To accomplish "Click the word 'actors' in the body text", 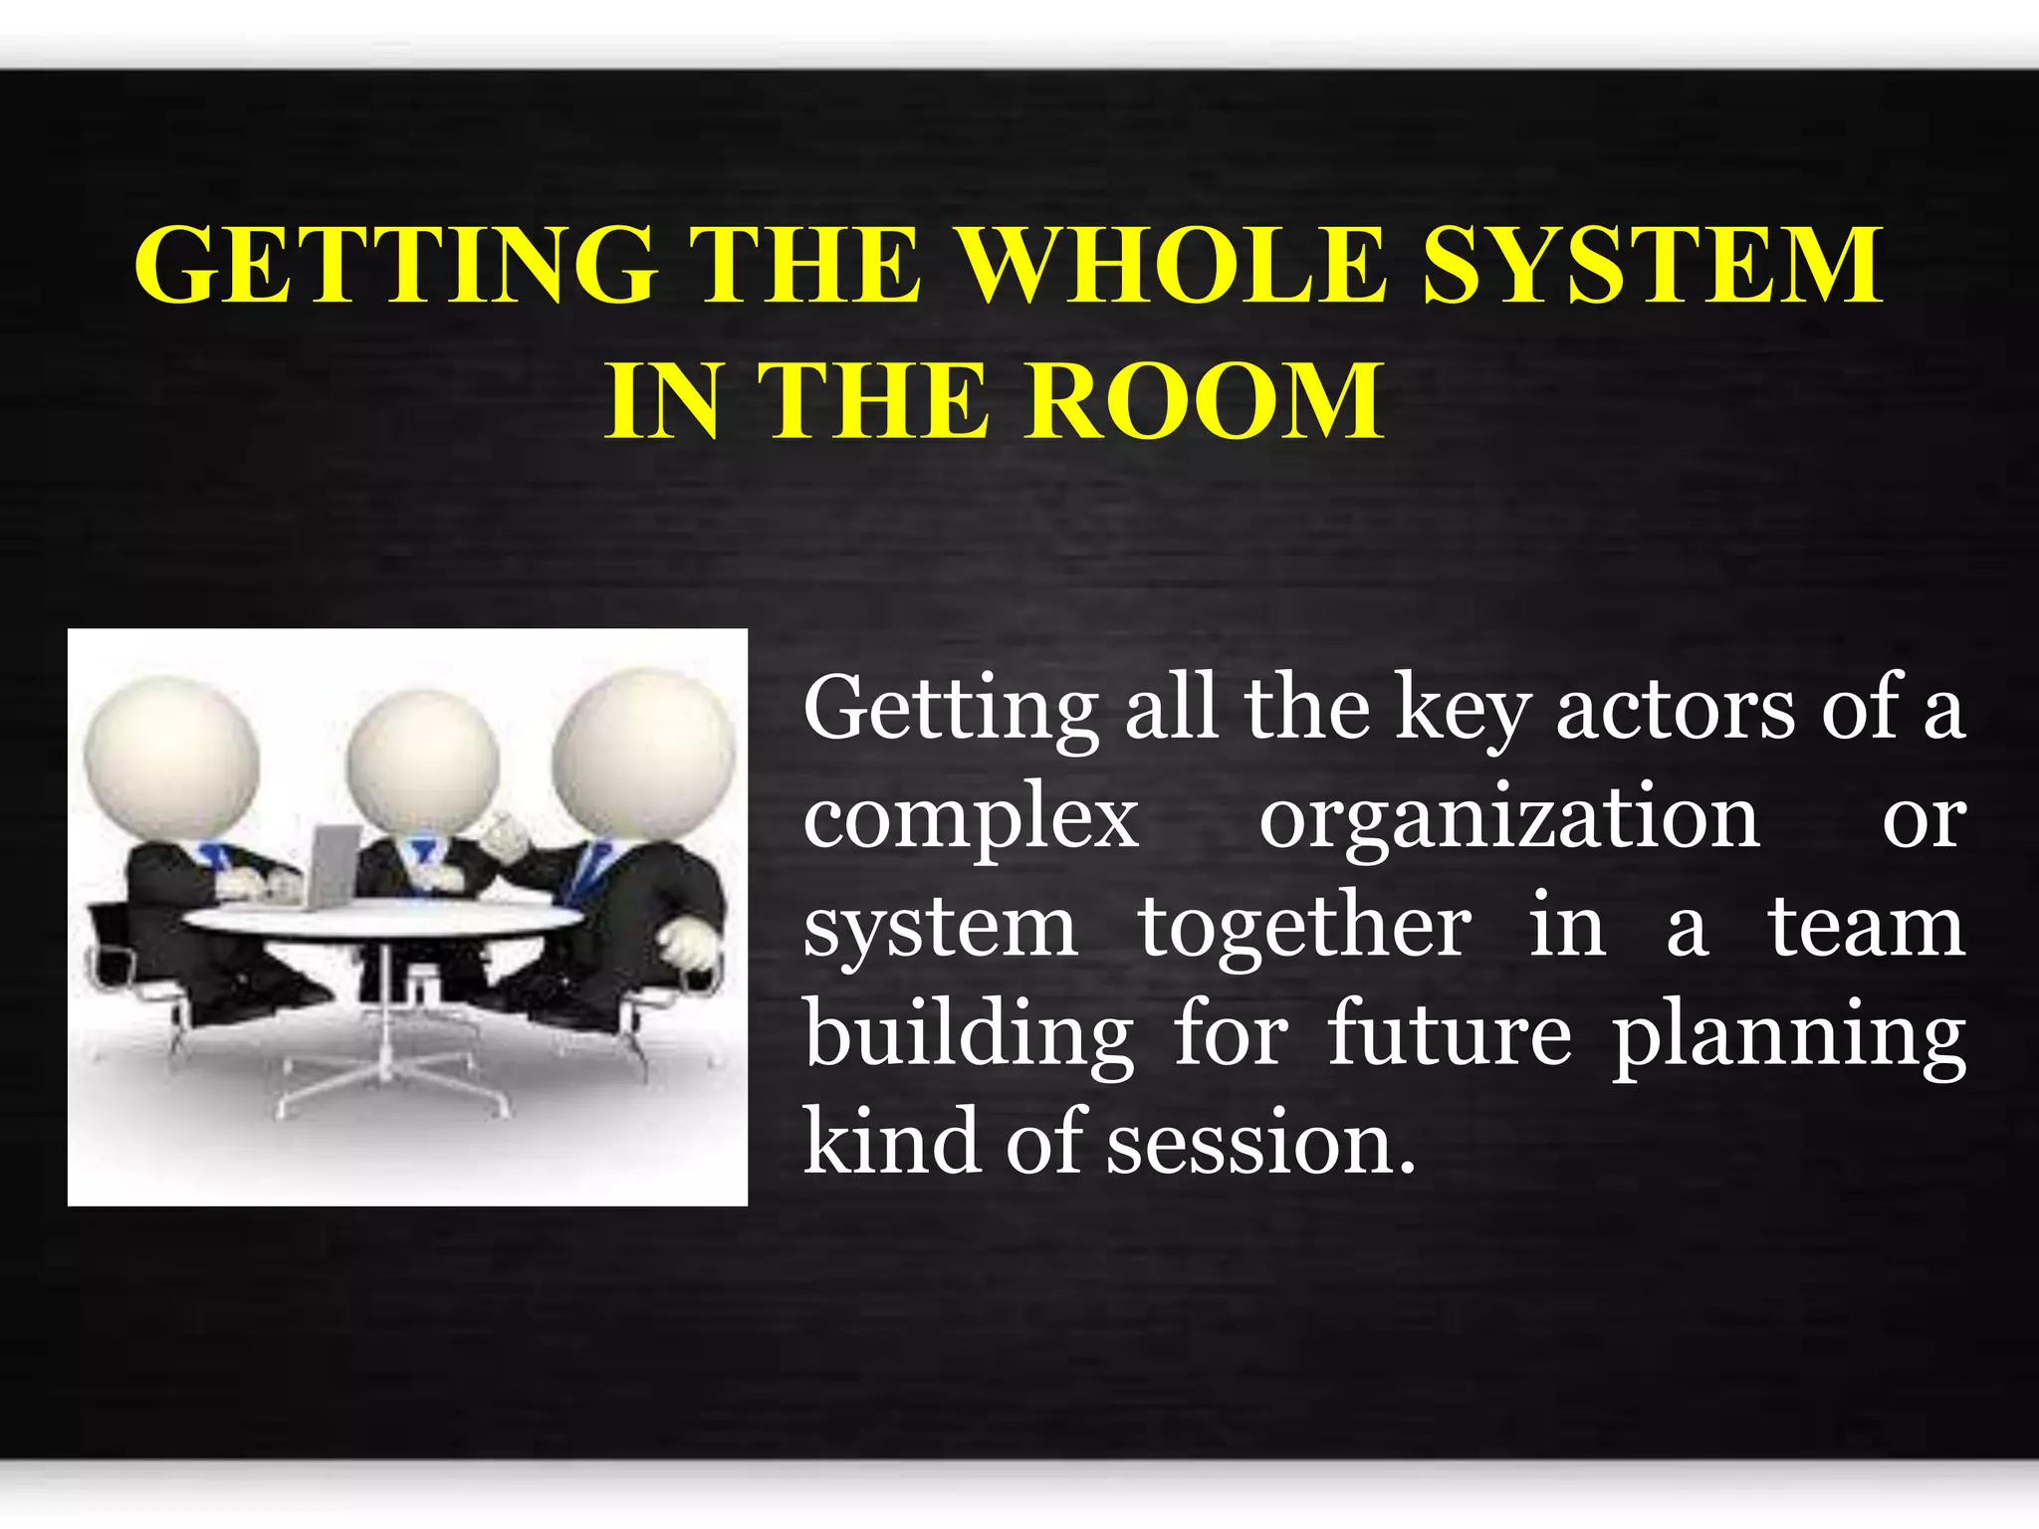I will pyautogui.click(x=1676, y=709).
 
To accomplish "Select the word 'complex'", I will pyautogui.click(x=971, y=820).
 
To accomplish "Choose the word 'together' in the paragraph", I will pyautogui.click(x=1304, y=930).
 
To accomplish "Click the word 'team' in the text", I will pyautogui.click(x=1866, y=928).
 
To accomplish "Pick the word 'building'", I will pyautogui.click(x=969, y=1037).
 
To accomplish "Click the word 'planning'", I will pyautogui.click(x=1788, y=1039).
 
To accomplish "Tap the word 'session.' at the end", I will pyautogui.click(x=1259, y=1145).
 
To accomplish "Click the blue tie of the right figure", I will pyautogui.click(x=588, y=870).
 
